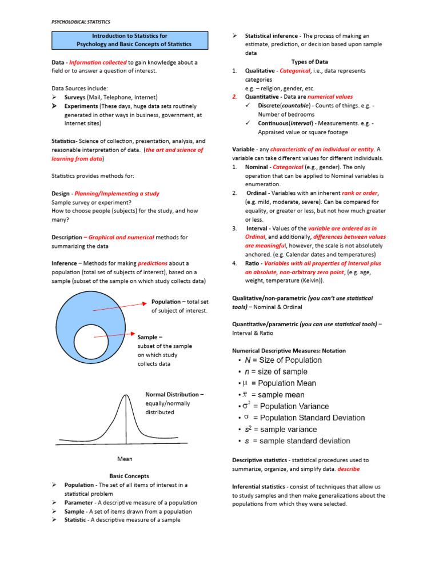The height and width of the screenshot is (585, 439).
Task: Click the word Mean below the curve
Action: (125, 459)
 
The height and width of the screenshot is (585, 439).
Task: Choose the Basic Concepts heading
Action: (129, 476)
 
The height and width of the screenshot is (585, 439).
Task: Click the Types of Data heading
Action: (309, 62)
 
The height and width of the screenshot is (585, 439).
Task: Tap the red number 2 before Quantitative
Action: (235, 97)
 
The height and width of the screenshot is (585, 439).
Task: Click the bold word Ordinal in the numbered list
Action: (257, 193)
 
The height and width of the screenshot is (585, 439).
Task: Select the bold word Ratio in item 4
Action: (253, 263)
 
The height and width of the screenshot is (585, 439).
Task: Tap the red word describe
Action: (349, 469)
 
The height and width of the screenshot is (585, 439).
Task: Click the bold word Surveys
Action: (75, 97)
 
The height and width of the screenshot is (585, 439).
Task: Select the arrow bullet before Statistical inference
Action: (234, 36)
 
